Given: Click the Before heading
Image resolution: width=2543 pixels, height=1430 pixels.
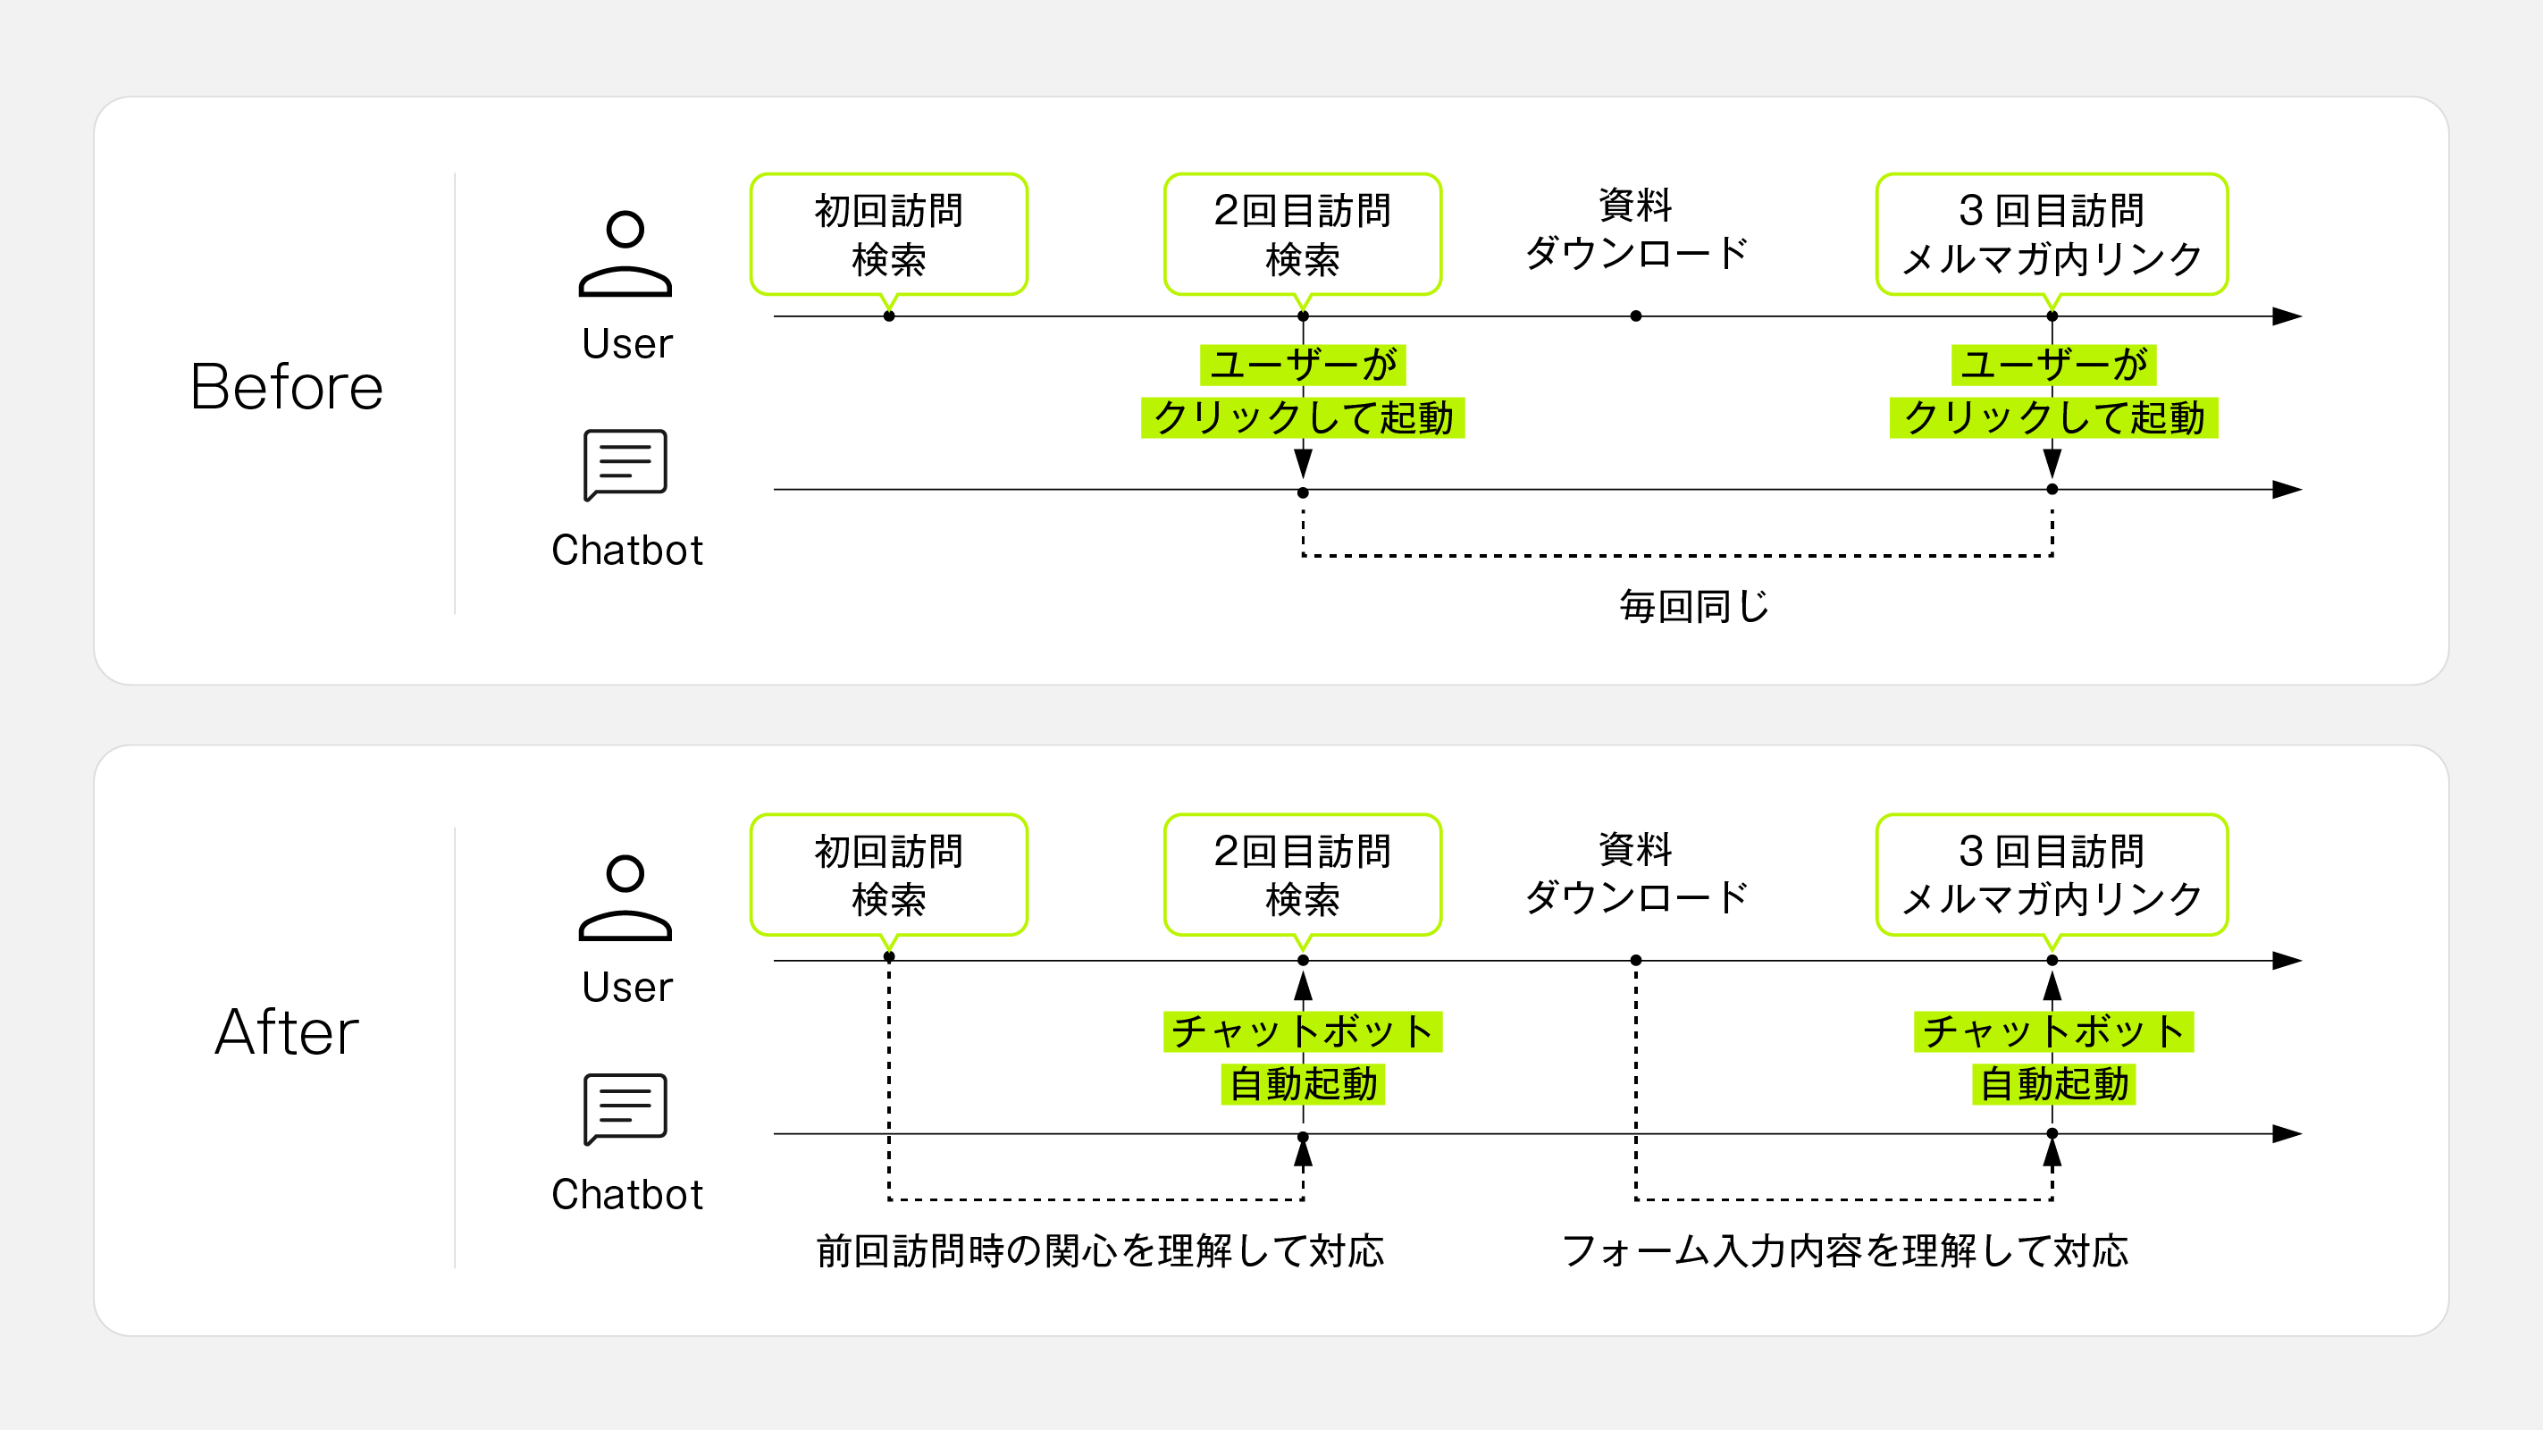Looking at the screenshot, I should pyautogui.click(x=286, y=386).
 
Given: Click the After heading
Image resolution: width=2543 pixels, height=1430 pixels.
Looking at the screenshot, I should pyautogui.click(x=286, y=1032).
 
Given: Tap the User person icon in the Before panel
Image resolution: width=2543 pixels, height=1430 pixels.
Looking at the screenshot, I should pyautogui.click(x=625, y=254).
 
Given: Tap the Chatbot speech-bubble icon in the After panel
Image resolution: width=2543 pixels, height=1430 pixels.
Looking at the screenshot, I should pyautogui.click(x=625, y=1108).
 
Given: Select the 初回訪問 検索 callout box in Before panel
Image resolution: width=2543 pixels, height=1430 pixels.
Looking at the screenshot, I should pyautogui.click(x=888, y=234).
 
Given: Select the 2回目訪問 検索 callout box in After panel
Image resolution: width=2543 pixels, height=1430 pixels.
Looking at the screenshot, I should pyautogui.click(x=1302, y=874).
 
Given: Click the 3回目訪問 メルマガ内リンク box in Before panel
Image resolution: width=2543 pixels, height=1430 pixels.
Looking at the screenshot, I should pyautogui.click(x=2052, y=234).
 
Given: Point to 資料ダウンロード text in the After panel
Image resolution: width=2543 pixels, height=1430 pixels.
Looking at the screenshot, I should pyautogui.click(x=1636, y=873).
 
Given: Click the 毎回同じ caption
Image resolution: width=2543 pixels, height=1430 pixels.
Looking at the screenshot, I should pyautogui.click(x=1694, y=605).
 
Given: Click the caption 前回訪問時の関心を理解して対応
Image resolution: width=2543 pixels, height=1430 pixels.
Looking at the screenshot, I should pyautogui.click(x=1100, y=1250).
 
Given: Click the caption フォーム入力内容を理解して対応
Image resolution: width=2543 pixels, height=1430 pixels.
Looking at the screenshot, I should pyautogui.click(x=1844, y=1250).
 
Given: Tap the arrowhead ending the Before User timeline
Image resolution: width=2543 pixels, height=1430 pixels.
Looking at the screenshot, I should pyautogui.click(x=2287, y=316).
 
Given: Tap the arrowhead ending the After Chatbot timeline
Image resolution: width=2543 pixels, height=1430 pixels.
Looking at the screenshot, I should pyautogui.click(x=2287, y=1134).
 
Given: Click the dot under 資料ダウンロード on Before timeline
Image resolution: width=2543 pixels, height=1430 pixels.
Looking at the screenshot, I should pyautogui.click(x=1636, y=316).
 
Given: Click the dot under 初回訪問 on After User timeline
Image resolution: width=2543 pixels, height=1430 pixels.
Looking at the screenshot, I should pyautogui.click(x=888, y=957).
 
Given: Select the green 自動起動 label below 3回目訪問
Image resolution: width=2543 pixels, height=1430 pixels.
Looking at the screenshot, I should pyautogui.click(x=2053, y=1084).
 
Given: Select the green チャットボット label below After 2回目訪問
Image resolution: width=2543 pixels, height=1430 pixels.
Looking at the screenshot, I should pyautogui.click(x=1302, y=1031).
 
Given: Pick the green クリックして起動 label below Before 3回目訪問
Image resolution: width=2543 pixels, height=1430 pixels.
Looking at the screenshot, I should pyautogui.click(x=2053, y=417).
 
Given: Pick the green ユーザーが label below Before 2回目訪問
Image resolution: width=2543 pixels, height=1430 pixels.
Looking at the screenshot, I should pyautogui.click(x=1302, y=365).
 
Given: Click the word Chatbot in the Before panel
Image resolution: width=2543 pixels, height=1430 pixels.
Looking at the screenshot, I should pyautogui.click(x=627, y=550).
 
